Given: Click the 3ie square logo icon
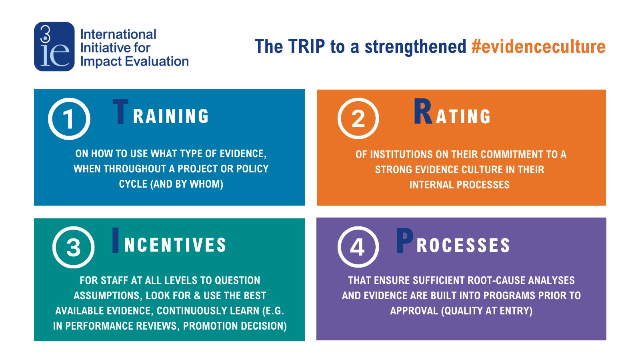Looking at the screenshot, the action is pos(54,46).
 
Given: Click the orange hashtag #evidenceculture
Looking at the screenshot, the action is pos(538,46).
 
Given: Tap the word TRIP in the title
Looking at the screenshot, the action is pos(306,46).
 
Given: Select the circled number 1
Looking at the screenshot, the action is pos(69,119).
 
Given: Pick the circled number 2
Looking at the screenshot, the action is pos(358,118).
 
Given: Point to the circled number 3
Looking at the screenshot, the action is pos(74,247).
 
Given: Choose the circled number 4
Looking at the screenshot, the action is pos(358,247).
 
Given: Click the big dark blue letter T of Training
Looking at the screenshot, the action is pos(120,112).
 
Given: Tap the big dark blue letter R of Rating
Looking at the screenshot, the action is pos(423,111).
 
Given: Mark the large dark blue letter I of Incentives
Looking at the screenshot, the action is pos(116,240).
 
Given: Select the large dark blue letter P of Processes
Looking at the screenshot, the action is pos(404,240).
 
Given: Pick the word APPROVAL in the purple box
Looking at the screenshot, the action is pos(414,311).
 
